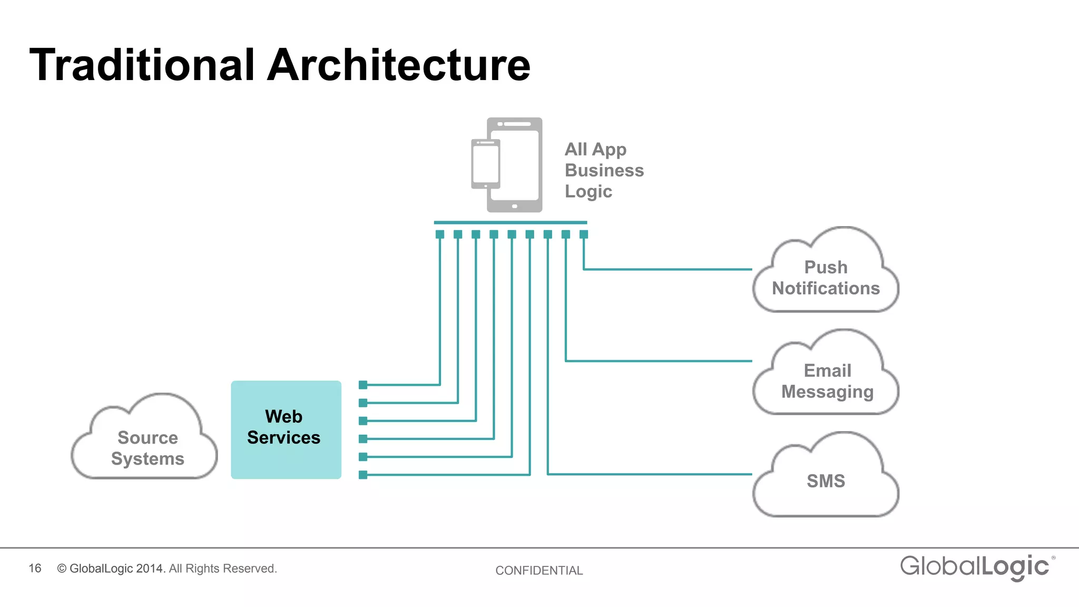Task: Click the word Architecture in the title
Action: pyautogui.click(x=399, y=65)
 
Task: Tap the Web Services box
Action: pyautogui.click(x=286, y=429)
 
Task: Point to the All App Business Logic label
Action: pyautogui.click(x=604, y=170)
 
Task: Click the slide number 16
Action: pyautogui.click(x=35, y=568)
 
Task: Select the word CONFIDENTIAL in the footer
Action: pyautogui.click(x=539, y=570)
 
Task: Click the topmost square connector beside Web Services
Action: pyautogui.click(x=363, y=385)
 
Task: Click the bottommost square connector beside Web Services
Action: pyautogui.click(x=363, y=475)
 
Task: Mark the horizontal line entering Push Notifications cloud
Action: pyautogui.click(x=669, y=269)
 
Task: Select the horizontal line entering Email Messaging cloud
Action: pyautogui.click(x=659, y=361)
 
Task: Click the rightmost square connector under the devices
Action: pyautogui.click(x=584, y=234)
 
